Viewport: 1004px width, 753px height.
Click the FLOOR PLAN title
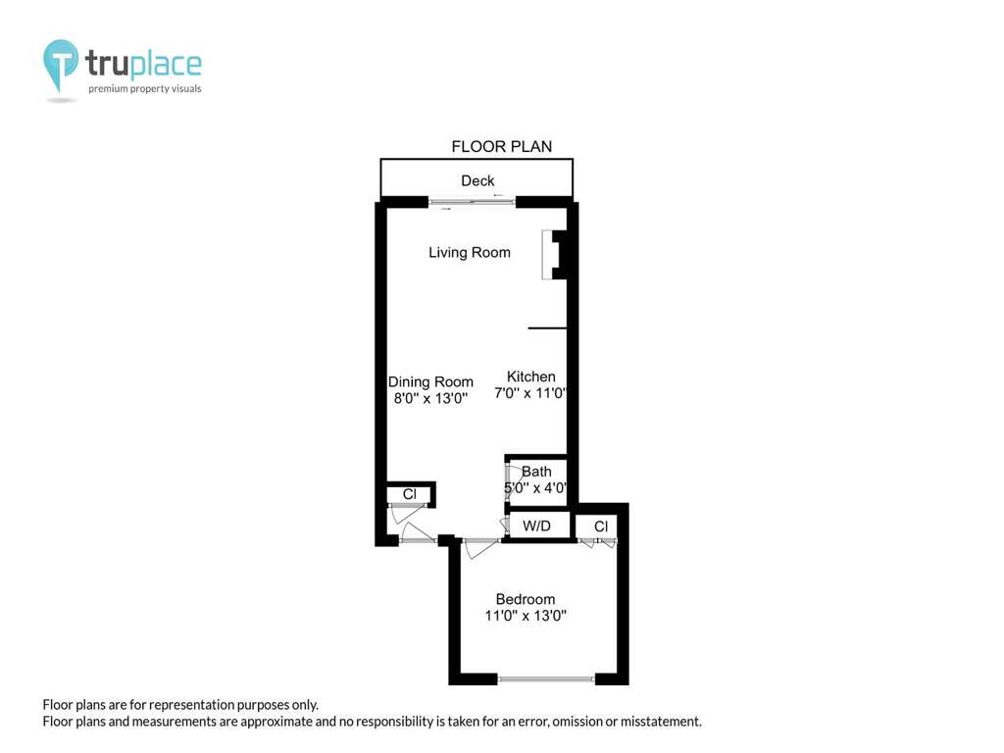coord(501,147)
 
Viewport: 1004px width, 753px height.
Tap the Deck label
coord(477,181)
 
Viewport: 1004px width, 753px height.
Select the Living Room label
coord(470,252)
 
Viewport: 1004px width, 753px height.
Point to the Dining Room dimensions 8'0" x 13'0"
coord(430,398)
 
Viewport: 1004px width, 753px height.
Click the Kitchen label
coord(530,376)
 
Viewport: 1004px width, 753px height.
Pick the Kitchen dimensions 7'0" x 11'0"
coord(530,393)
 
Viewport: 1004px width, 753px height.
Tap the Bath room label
coord(536,472)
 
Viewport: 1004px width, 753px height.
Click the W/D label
coord(536,527)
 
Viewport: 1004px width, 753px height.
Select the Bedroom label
coord(526,599)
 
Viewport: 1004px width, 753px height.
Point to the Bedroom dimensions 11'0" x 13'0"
coord(526,616)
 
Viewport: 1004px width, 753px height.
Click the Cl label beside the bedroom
coord(601,527)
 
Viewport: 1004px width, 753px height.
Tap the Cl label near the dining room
coord(410,494)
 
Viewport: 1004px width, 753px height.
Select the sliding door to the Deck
coord(472,202)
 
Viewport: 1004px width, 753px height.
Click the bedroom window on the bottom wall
coord(546,678)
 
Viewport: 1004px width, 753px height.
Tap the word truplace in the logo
coord(143,64)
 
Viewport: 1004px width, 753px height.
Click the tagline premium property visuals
coord(145,89)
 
